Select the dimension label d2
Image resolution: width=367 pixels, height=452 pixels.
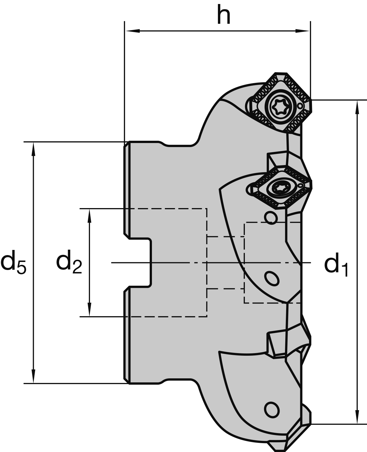69,262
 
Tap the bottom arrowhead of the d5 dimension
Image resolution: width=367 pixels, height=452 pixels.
34,377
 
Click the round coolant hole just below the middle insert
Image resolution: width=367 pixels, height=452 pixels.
271,218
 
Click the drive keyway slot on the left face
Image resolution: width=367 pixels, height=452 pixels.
139,263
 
